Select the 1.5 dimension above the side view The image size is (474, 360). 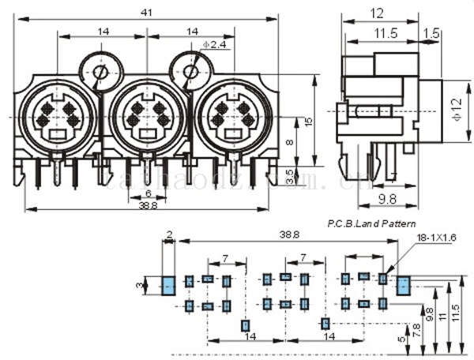point(432,32)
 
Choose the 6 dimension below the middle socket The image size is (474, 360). point(149,193)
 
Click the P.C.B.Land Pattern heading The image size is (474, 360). point(371,224)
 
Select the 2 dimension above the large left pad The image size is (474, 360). point(169,235)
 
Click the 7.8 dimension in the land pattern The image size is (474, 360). point(417,325)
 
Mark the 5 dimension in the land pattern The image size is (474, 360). point(401,339)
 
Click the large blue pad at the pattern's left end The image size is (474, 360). point(168,285)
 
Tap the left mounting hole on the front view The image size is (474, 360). point(100,74)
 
